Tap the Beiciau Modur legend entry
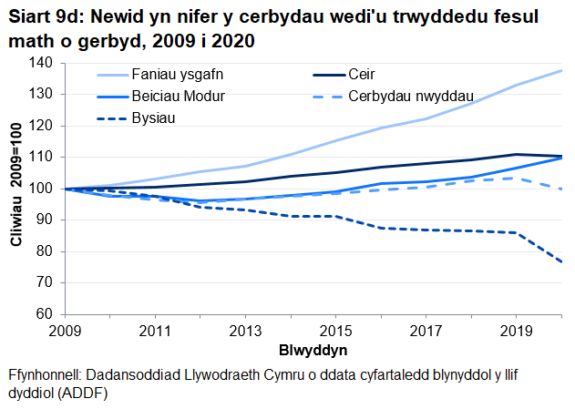178,96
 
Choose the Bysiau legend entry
153,118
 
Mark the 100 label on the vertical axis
42,189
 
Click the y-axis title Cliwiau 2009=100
15,188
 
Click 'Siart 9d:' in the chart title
39,16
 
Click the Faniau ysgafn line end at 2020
560,70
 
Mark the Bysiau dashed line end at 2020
560,262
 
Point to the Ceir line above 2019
516,155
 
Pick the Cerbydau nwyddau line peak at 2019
516,179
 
